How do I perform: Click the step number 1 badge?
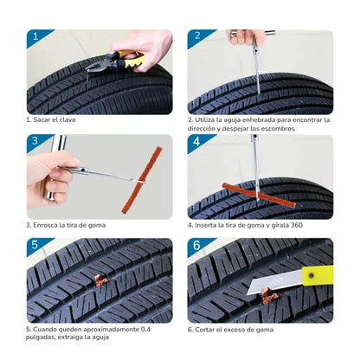tap(35, 38)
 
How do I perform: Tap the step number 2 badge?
tap(196, 38)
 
